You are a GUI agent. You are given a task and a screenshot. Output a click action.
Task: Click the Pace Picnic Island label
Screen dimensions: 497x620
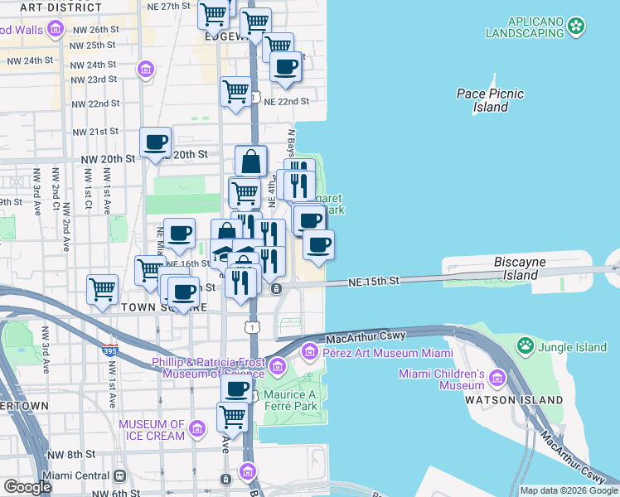click(490, 100)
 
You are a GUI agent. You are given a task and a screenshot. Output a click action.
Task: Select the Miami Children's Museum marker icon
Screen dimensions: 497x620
click(497, 379)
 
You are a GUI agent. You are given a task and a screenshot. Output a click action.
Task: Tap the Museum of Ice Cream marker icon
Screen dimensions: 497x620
click(197, 428)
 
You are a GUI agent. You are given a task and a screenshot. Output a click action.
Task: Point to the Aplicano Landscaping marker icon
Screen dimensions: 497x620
click(575, 28)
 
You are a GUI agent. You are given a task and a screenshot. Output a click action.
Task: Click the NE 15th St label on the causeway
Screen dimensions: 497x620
click(374, 282)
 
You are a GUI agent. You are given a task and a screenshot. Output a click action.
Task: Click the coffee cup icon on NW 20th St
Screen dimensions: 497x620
click(155, 142)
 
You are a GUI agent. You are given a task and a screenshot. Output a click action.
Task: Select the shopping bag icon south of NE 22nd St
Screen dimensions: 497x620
click(250, 161)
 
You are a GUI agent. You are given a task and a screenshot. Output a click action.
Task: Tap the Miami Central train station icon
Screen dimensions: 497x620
click(120, 475)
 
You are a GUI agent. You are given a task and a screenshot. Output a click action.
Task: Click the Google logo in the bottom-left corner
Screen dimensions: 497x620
click(27, 487)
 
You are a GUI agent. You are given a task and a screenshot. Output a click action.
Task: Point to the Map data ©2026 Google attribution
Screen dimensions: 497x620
click(569, 490)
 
